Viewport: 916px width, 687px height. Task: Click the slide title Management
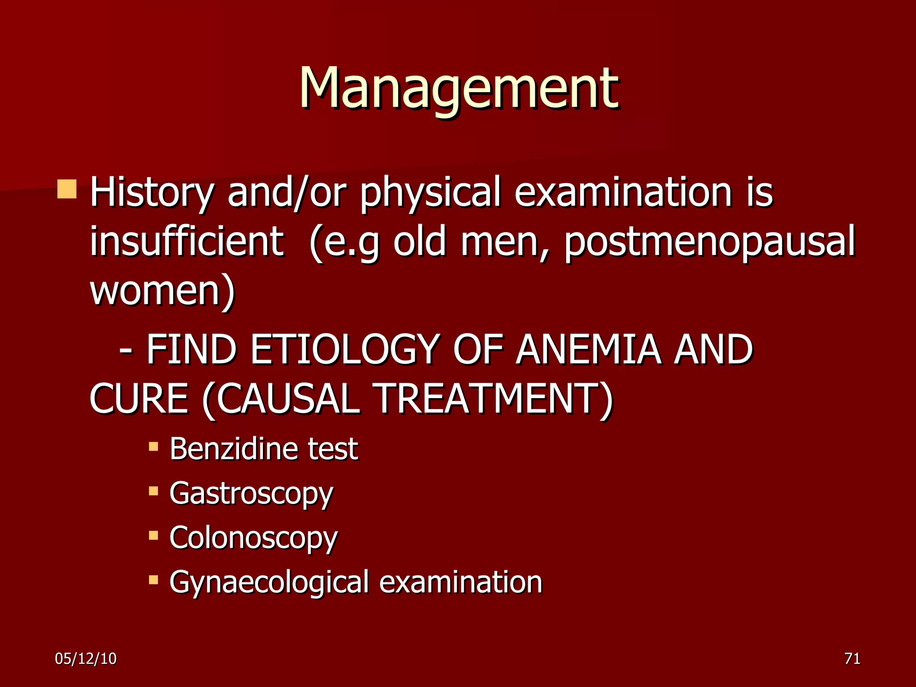(459, 88)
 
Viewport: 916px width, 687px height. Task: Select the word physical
(430, 193)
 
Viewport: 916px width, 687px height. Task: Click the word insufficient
(187, 242)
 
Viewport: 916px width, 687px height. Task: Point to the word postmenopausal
(709, 242)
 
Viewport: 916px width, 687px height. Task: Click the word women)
(162, 291)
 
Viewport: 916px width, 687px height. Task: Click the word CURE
(139, 399)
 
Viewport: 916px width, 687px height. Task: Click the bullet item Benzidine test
(264, 449)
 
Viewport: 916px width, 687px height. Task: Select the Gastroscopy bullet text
(251, 494)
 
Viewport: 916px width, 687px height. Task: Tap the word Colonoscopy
(254, 538)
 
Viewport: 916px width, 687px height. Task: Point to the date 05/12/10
(85, 659)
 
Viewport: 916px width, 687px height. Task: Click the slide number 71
(852, 659)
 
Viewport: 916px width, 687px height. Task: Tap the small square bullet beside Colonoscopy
(153, 535)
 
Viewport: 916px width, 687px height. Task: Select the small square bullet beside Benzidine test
(153, 446)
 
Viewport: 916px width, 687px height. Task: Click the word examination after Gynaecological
(461, 582)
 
